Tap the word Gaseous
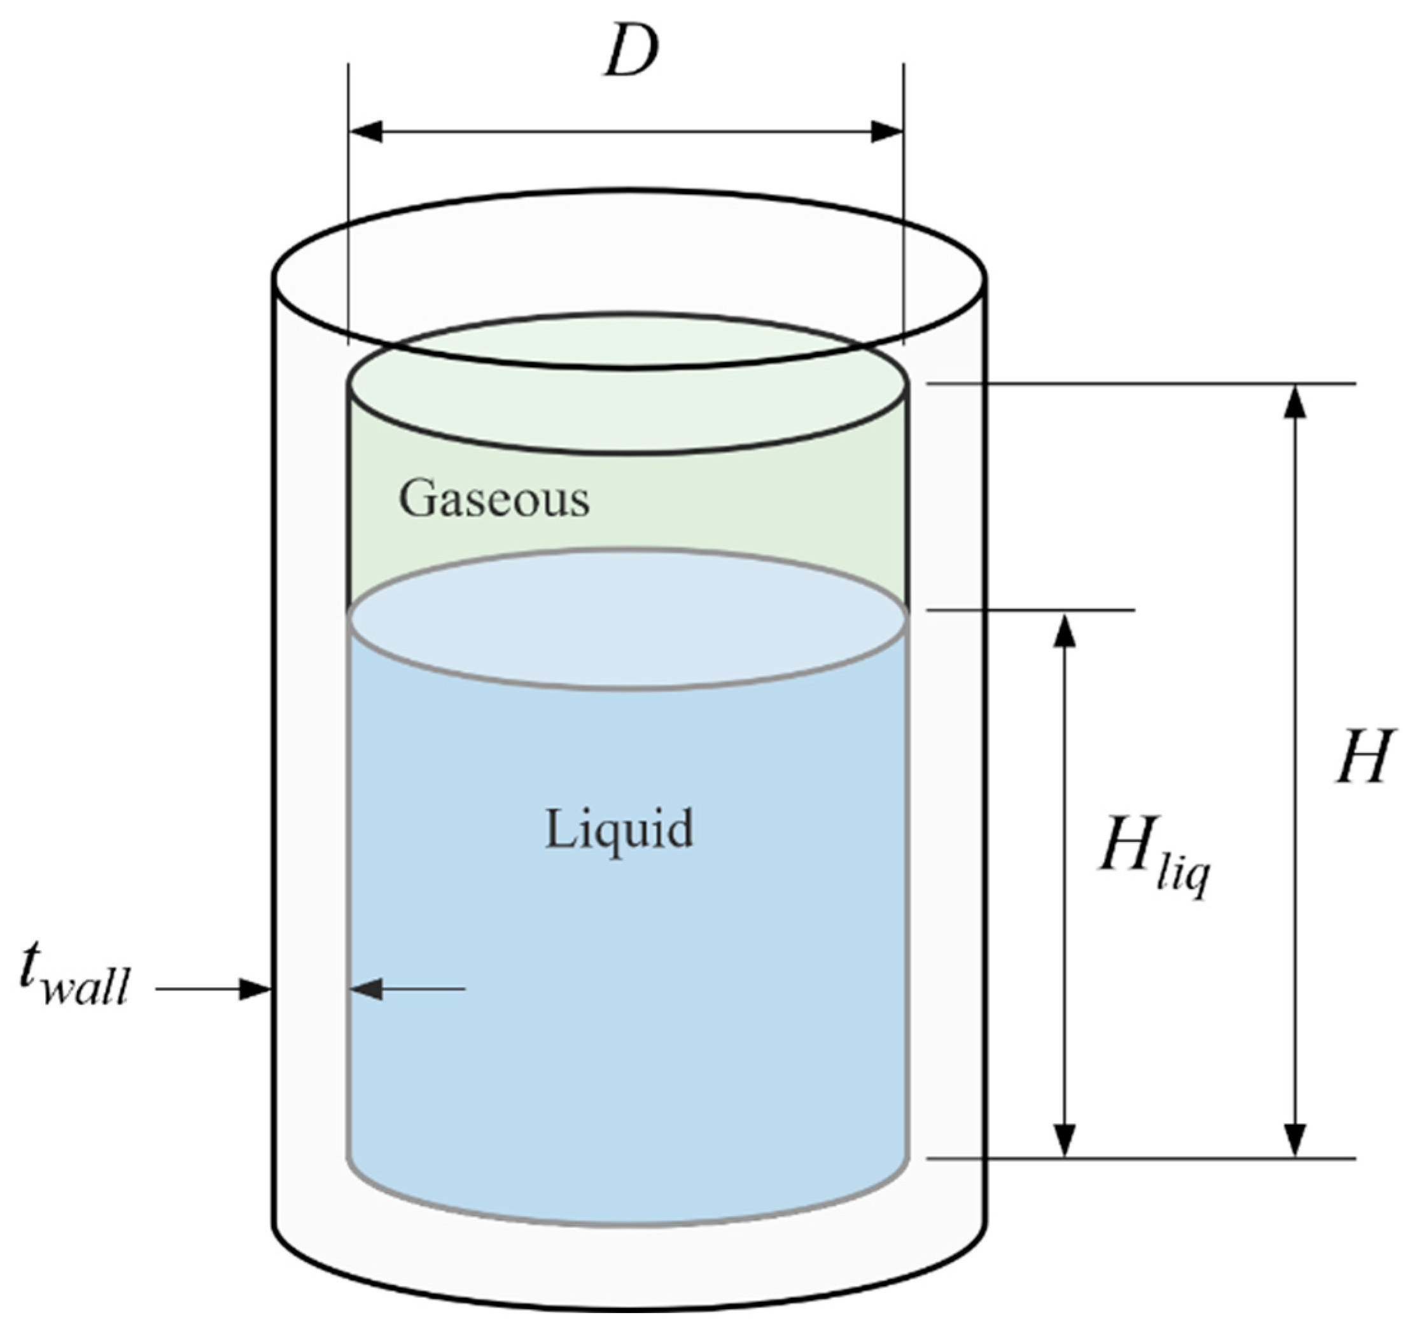[494, 499]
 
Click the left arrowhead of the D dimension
[367, 132]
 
